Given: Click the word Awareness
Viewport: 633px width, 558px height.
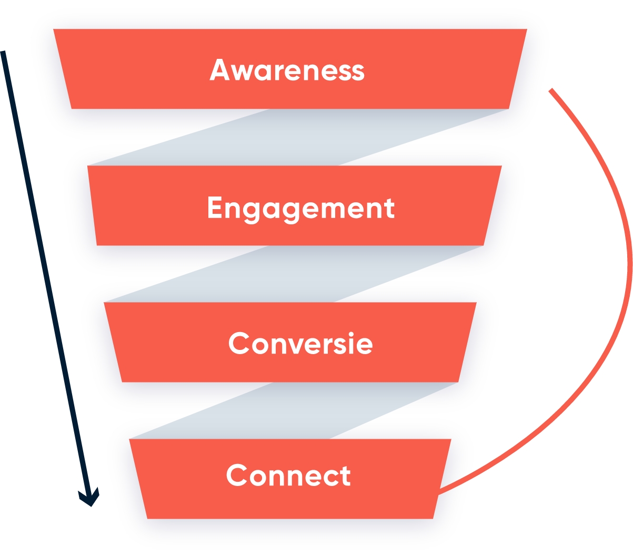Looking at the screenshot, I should [287, 70].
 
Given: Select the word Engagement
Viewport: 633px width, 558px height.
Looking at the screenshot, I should [300, 209].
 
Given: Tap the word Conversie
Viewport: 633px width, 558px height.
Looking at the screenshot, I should [300, 344].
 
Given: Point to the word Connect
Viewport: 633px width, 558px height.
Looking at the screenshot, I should [288, 476].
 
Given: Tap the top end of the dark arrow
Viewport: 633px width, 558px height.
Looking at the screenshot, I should [3, 53].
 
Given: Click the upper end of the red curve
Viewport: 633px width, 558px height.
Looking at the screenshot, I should [550, 90].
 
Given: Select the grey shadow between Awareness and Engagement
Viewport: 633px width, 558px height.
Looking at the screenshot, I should [295, 138].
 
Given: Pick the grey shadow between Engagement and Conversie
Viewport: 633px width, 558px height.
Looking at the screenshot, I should [292, 274].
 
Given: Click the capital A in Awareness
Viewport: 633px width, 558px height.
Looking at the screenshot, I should [219, 69].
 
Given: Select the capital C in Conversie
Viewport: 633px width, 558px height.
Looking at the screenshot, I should [239, 344].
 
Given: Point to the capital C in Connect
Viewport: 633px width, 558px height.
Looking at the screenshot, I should [237, 476].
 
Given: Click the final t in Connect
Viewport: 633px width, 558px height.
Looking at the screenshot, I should [345, 476].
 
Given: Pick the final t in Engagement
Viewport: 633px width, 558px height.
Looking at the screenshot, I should [389, 208].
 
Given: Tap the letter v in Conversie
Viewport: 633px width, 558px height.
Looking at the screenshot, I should [294, 345].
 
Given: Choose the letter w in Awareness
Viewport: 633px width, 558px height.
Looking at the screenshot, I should [241, 73].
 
